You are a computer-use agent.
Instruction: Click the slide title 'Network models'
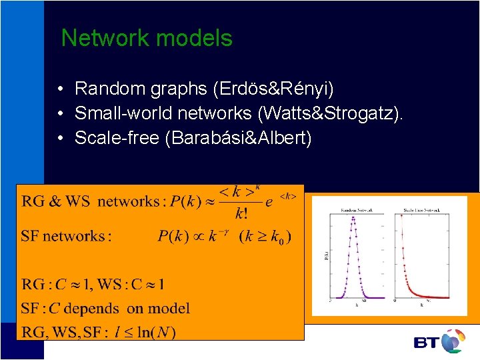point(147,39)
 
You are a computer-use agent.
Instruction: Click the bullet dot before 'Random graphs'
point(60,89)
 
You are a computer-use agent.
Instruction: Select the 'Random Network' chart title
point(357,210)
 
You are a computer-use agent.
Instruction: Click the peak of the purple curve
point(353,218)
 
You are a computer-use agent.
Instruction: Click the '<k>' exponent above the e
point(288,196)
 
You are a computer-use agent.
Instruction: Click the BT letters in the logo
point(427,343)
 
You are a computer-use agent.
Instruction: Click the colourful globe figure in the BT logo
point(453,339)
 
